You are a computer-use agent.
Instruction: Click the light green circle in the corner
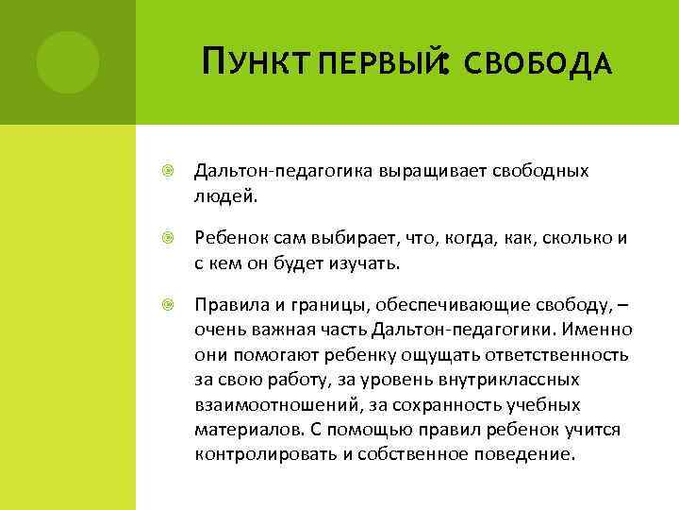click(67, 62)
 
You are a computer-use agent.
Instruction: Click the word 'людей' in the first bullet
click(223, 194)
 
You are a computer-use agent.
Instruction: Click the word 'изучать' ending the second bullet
click(367, 262)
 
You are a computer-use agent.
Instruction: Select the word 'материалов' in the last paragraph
click(248, 429)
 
